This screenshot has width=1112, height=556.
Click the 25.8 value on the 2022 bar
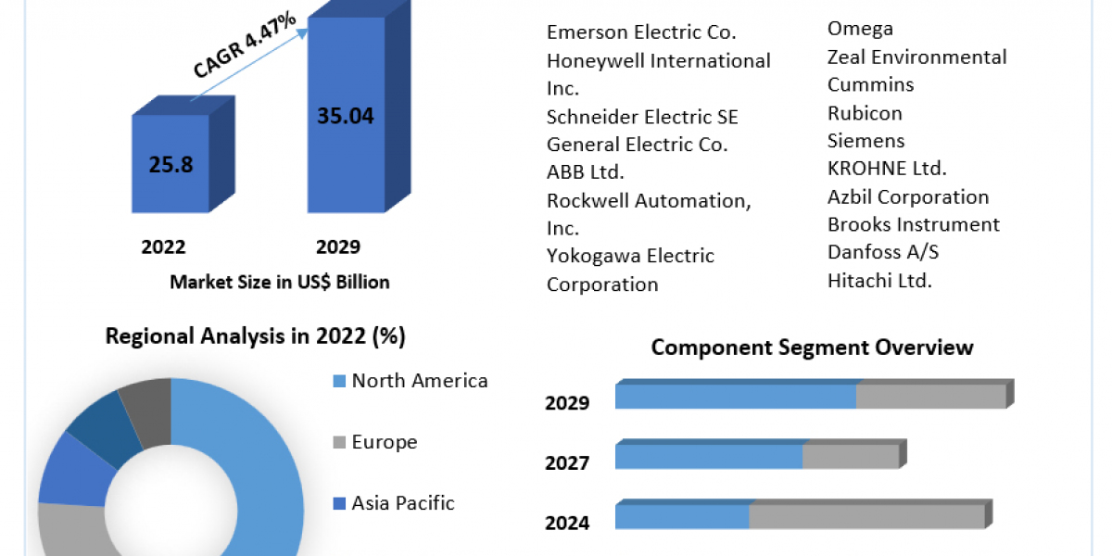pos(170,165)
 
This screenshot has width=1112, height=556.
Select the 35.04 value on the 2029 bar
pos(346,116)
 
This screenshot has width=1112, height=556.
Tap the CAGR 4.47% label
pos(245,45)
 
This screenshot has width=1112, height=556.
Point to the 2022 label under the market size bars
pos(163,246)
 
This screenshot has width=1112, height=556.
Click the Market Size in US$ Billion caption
pos(280,282)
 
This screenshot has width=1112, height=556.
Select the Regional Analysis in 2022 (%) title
pos(256,335)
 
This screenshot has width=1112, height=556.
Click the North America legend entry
pos(419,381)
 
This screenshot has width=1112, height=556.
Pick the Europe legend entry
pos(384,442)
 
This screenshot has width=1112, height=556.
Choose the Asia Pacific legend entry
pos(402,503)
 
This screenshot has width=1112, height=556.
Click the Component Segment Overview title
pos(812,347)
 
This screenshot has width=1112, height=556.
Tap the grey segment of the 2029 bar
pos(930,397)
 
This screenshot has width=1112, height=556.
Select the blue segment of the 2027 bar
pos(709,456)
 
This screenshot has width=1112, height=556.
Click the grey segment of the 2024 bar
pos(866,517)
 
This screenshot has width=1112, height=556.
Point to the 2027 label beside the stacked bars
pos(567,462)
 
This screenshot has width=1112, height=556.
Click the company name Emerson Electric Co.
pos(641,32)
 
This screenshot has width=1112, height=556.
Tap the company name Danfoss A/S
pos(883,252)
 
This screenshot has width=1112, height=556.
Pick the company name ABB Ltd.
pos(586,172)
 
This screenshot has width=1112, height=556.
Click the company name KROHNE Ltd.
pos(887,169)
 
